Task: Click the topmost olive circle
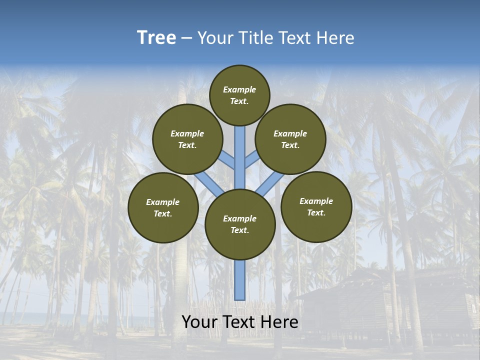239,95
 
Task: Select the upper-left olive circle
187,139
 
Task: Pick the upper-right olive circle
290,139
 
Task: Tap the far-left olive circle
163,207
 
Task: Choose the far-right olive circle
316,206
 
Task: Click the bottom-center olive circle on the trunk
240,224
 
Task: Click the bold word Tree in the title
156,37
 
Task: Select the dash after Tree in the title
186,38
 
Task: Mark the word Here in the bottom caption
279,322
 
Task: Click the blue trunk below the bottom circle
240,280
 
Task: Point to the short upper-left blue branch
227,160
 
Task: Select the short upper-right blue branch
252,159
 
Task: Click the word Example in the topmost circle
239,89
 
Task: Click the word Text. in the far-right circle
316,212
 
